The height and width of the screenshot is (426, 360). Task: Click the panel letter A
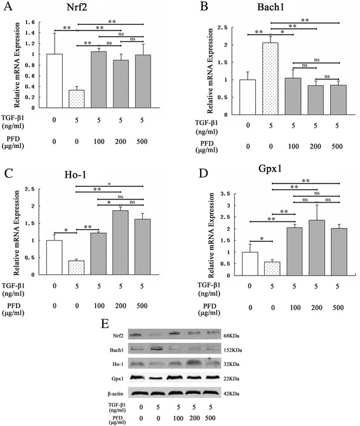point(7,7)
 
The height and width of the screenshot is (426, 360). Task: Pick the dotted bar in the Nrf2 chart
point(58,99)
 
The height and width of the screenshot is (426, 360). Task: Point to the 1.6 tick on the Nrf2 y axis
point(29,22)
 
